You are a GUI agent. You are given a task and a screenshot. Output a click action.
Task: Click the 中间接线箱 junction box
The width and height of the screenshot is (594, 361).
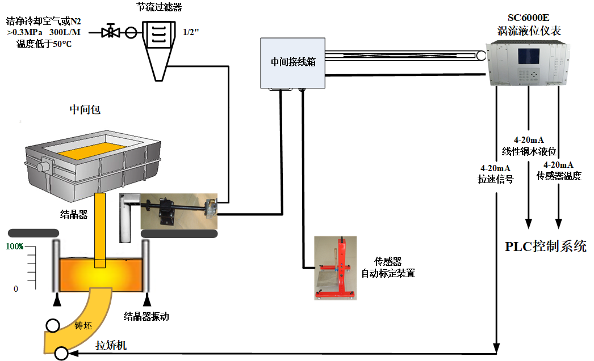292,63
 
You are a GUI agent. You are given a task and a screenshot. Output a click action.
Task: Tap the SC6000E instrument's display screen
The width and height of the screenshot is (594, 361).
526,57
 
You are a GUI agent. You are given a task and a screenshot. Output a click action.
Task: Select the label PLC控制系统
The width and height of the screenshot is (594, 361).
545,247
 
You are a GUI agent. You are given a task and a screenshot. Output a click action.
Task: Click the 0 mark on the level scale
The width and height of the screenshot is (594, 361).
16,289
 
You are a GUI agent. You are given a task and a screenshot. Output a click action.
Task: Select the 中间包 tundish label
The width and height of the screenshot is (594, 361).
85,109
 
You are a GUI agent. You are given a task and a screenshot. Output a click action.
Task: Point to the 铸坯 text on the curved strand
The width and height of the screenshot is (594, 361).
83,325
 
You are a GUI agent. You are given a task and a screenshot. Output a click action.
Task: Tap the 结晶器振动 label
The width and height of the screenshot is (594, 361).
146,317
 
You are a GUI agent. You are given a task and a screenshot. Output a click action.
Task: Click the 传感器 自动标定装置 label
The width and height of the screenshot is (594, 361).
388,267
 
